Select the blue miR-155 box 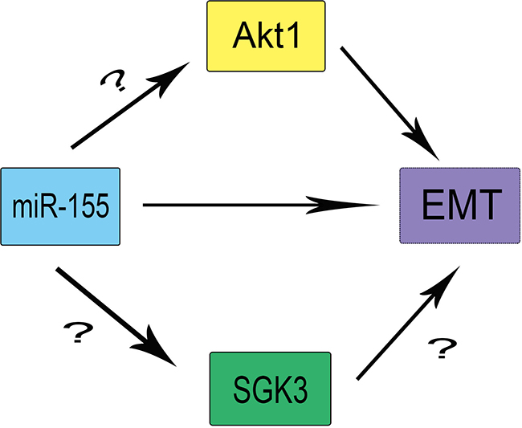coord(60,206)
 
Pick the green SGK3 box coord(270,388)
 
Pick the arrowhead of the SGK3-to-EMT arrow coord(450,278)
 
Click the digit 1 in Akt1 coord(298,35)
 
